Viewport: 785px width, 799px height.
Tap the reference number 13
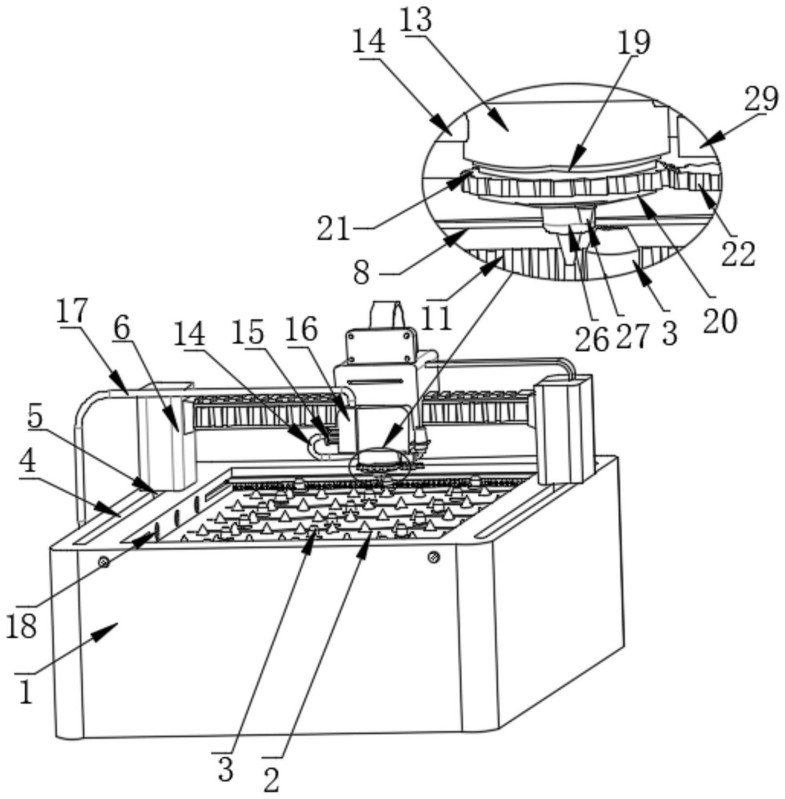pos(416,21)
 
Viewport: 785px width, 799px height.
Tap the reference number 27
pos(633,336)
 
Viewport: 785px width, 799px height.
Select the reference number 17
pos(71,311)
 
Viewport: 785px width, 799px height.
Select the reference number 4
pos(28,461)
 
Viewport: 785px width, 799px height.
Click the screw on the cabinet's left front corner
pos(103,562)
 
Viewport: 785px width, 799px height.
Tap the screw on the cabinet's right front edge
pos(433,557)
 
